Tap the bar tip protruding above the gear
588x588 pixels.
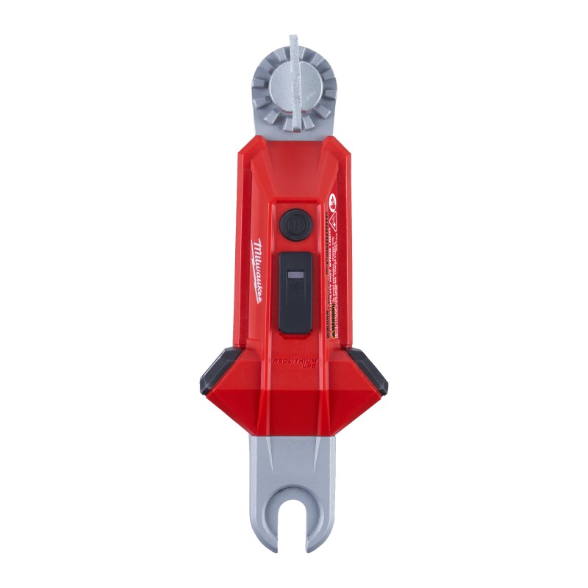[x=293, y=41]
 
